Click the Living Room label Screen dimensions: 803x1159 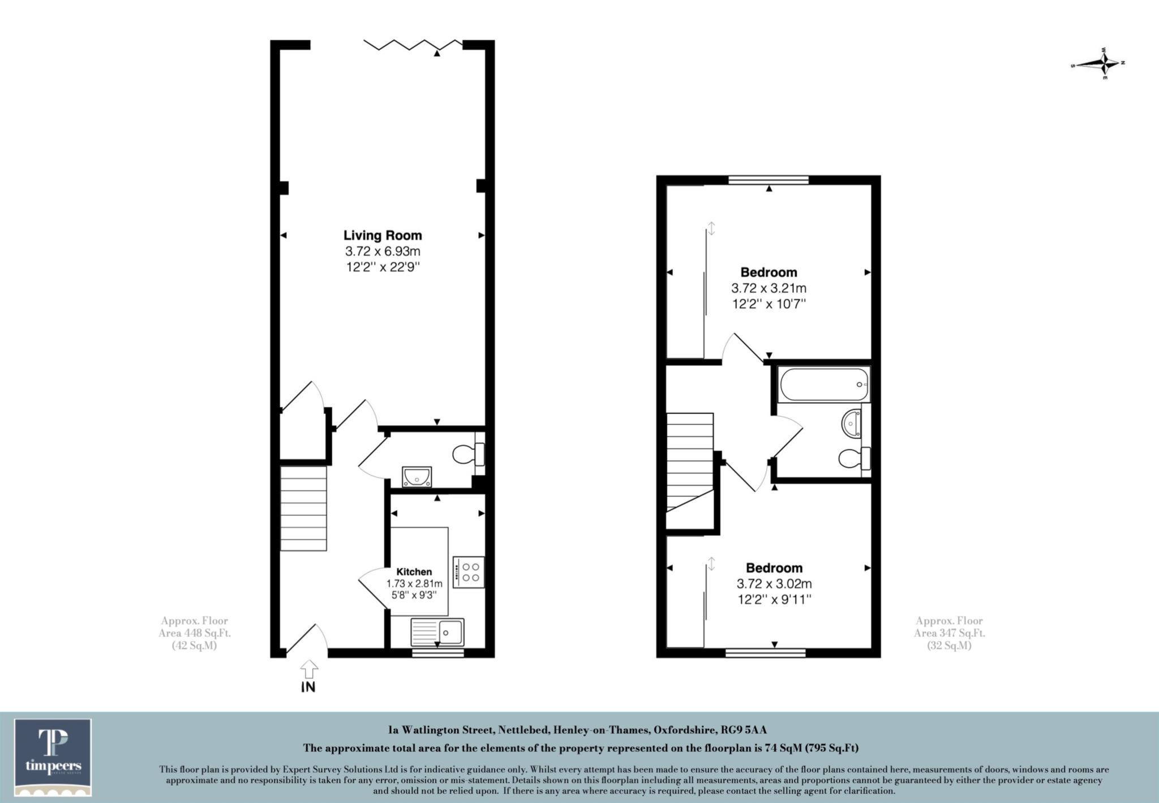[x=383, y=236]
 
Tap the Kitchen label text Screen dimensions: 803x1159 [x=414, y=572]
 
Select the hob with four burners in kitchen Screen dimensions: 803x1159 [x=468, y=572]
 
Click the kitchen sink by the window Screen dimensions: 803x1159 [x=437, y=632]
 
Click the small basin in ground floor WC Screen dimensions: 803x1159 [x=417, y=477]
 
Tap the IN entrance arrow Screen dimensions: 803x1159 [x=308, y=676]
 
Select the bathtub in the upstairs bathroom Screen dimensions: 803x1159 [x=823, y=385]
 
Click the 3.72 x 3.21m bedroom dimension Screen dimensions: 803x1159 [x=769, y=288]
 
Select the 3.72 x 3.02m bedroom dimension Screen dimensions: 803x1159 [x=774, y=584]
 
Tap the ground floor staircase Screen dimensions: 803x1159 [x=304, y=508]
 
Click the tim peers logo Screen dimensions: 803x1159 [x=53, y=757]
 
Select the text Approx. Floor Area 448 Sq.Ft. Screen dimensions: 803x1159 [x=195, y=633]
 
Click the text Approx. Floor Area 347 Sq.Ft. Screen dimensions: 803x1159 [x=949, y=633]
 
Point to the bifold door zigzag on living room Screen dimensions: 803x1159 [x=412, y=45]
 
